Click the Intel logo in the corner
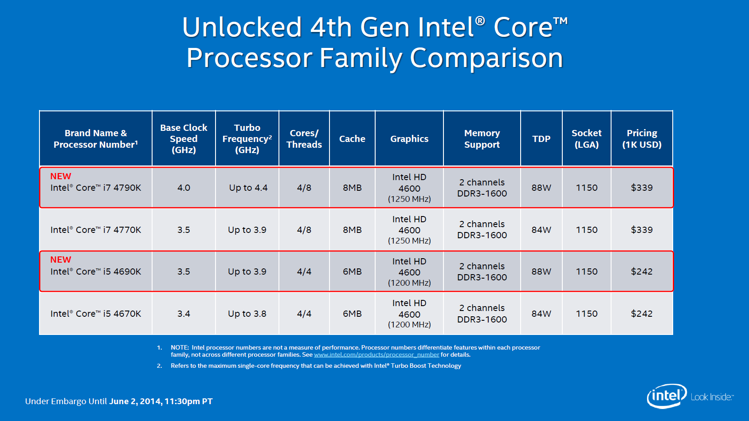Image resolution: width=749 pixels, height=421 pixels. tap(667, 396)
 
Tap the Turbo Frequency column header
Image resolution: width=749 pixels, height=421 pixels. tap(247, 139)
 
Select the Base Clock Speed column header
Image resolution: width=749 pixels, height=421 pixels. tap(184, 139)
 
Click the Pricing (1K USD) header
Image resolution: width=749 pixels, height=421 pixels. tap(642, 139)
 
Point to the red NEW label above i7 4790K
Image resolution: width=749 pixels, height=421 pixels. tap(61, 176)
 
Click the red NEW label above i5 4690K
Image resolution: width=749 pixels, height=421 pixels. tap(61, 260)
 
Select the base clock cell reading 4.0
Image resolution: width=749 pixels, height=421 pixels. tap(184, 188)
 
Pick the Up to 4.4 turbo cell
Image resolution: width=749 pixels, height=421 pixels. tap(248, 188)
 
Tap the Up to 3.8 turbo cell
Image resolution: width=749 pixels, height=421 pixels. tap(247, 314)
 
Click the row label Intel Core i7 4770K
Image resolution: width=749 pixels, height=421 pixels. tap(96, 230)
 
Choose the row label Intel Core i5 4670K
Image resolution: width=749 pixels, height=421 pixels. tap(96, 314)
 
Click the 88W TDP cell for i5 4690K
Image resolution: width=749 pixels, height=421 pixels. tap(541, 271)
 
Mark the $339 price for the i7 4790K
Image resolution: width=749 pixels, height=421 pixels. tap(642, 188)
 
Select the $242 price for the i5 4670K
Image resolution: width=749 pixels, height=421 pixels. tap(642, 314)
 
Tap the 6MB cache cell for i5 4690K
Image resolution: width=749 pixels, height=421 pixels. tap(352, 271)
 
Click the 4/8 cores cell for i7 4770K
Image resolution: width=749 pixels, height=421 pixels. tap(304, 230)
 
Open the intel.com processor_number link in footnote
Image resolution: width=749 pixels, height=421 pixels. tap(376, 355)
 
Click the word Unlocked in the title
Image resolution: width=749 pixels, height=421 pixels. tap(242, 28)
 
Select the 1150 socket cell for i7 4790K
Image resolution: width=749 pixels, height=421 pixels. tap(587, 188)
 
